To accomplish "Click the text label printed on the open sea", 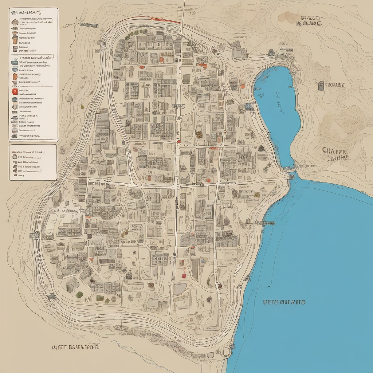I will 284,302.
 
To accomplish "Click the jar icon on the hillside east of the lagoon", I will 321,86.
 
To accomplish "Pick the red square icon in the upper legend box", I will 15,91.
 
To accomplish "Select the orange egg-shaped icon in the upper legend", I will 15,76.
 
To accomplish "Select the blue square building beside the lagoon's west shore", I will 248,106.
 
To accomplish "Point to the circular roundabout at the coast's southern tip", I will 226,352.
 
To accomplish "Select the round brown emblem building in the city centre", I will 199,134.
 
